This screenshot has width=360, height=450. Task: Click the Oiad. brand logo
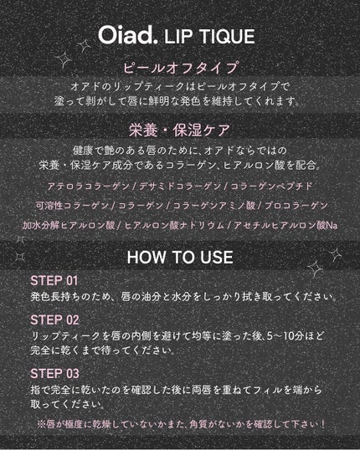128,35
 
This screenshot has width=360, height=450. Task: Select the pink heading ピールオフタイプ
181,68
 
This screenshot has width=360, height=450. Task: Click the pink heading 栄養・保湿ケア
179,130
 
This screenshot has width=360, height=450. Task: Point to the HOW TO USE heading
180,257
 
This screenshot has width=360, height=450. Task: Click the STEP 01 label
54,280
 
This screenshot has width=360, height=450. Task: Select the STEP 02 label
54,320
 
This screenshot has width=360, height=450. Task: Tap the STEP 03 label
54,374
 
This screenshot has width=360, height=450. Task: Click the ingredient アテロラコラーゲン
88,187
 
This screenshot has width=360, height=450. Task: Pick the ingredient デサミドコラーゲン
180,187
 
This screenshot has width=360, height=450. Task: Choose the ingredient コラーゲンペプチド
271,187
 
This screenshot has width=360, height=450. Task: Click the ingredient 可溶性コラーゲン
72,206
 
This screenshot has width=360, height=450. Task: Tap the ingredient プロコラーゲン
296,206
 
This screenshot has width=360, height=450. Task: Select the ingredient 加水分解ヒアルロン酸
69,225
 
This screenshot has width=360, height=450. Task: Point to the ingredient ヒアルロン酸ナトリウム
174,225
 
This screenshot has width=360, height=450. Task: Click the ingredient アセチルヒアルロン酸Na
285,225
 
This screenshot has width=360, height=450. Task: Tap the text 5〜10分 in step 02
285,335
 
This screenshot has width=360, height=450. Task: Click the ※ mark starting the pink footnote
41,424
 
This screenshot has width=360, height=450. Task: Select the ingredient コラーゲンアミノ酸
214,206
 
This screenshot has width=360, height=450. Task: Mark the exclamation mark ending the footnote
323,424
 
